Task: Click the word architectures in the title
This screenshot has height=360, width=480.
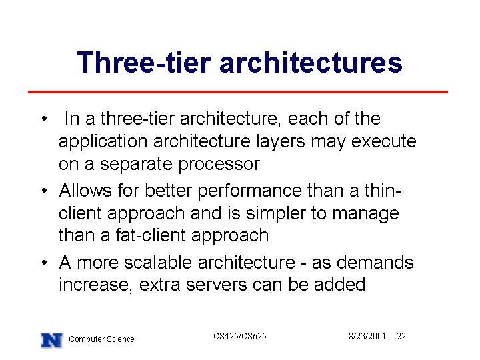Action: tap(311, 63)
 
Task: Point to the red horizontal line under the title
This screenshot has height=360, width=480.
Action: tap(238, 92)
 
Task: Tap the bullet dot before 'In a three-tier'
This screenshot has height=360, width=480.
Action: tap(45, 119)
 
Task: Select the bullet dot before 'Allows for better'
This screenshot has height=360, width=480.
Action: tap(45, 191)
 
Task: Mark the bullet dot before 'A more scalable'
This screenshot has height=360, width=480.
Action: tap(45, 263)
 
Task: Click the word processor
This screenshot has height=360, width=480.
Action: tap(219, 165)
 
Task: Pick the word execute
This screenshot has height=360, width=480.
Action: tap(383, 141)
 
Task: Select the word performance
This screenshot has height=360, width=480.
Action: tap(250, 191)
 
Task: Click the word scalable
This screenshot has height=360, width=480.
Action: tap(158, 263)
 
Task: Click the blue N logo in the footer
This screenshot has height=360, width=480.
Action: tap(52, 340)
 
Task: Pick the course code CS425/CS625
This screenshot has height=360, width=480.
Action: tap(240, 336)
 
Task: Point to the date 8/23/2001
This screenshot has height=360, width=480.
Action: tap(367, 336)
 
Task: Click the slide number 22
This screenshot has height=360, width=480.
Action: tap(401, 336)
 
